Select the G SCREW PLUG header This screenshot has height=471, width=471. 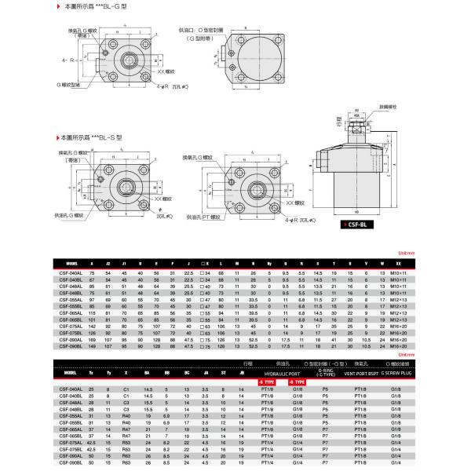397,374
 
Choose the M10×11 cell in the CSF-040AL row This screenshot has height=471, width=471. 398,272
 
